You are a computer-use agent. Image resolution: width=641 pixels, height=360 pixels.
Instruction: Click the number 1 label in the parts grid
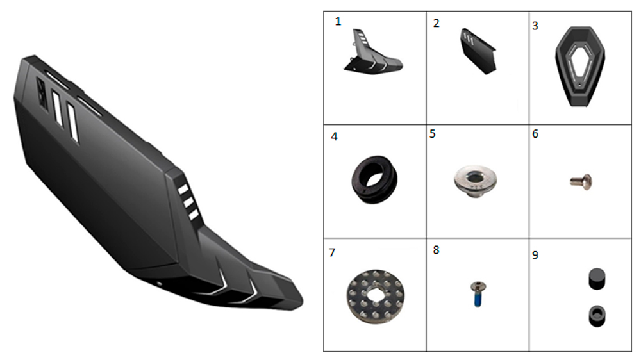[338, 21]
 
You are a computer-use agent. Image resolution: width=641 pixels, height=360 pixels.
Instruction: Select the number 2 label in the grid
[436, 23]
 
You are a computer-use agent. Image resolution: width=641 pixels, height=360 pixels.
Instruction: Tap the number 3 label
[535, 26]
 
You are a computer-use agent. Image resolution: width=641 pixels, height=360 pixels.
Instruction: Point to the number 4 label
[335, 136]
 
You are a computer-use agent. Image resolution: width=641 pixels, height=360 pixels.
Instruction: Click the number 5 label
[433, 134]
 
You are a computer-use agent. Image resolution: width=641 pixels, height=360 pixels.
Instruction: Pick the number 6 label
[535, 134]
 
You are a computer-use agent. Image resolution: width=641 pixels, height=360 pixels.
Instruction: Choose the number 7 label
[332, 252]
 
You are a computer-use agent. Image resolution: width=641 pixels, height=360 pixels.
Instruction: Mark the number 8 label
[436, 250]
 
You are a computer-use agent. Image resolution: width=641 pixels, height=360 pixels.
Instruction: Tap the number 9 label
[535, 255]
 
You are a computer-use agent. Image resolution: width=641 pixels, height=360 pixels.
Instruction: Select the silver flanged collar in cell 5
[476, 181]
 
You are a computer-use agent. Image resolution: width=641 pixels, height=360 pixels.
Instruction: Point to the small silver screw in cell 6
[581, 182]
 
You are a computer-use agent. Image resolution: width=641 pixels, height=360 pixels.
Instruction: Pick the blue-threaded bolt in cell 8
[478, 294]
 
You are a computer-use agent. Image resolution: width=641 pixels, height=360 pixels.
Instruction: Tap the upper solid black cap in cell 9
[597, 279]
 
